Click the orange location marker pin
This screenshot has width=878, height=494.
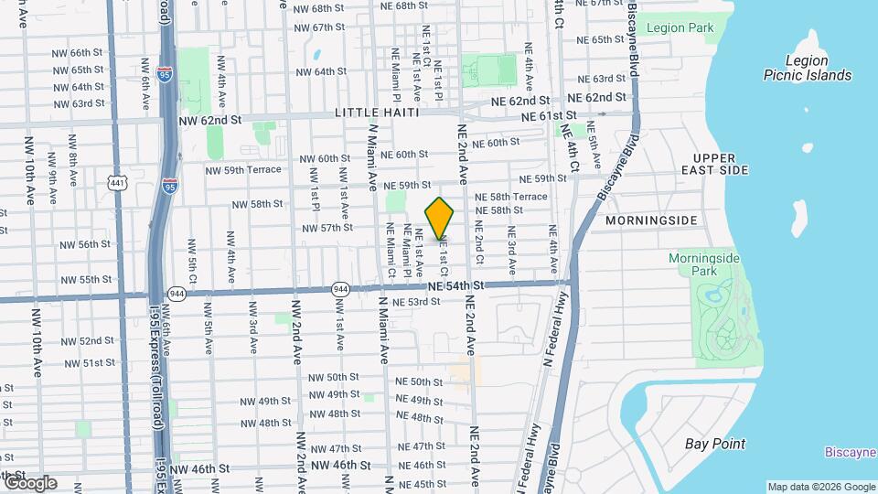440,219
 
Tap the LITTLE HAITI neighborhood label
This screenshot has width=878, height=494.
376,113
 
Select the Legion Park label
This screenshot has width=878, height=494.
680,28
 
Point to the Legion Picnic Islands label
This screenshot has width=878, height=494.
808,68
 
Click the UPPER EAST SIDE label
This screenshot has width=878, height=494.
714,164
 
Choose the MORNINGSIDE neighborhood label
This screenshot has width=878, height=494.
651,220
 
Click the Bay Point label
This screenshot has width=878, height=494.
715,444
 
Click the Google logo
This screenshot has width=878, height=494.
29,483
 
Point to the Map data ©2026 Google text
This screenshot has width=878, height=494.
820,487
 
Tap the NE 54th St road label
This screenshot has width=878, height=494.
451,286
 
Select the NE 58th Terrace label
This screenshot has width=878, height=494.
519,197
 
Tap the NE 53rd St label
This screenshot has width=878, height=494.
416,302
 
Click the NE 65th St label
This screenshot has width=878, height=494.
595,40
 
